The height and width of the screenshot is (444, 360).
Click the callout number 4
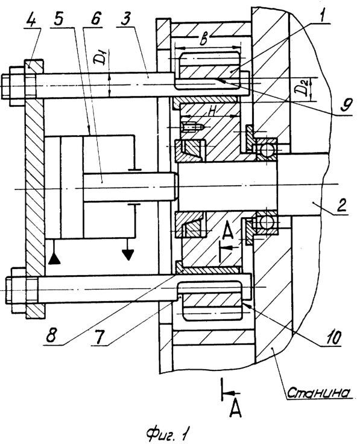pyautogui.click(x=34, y=18)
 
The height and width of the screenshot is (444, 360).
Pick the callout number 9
pyautogui.click(x=346, y=105)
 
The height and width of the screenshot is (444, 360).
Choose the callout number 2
pyautogui.click(x=341, y=206)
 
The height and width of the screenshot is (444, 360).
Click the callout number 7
pyautogui.click(x=99, y=337)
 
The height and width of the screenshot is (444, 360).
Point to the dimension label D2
pyautogui.click(x=303, y=88)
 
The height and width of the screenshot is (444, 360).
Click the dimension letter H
pyautogui.click(x=212, y=111)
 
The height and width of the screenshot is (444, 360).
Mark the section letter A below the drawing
pyautogui.click(x=235, y=410)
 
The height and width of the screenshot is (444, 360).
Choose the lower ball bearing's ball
pyautogui.click(x=265, y=223)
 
